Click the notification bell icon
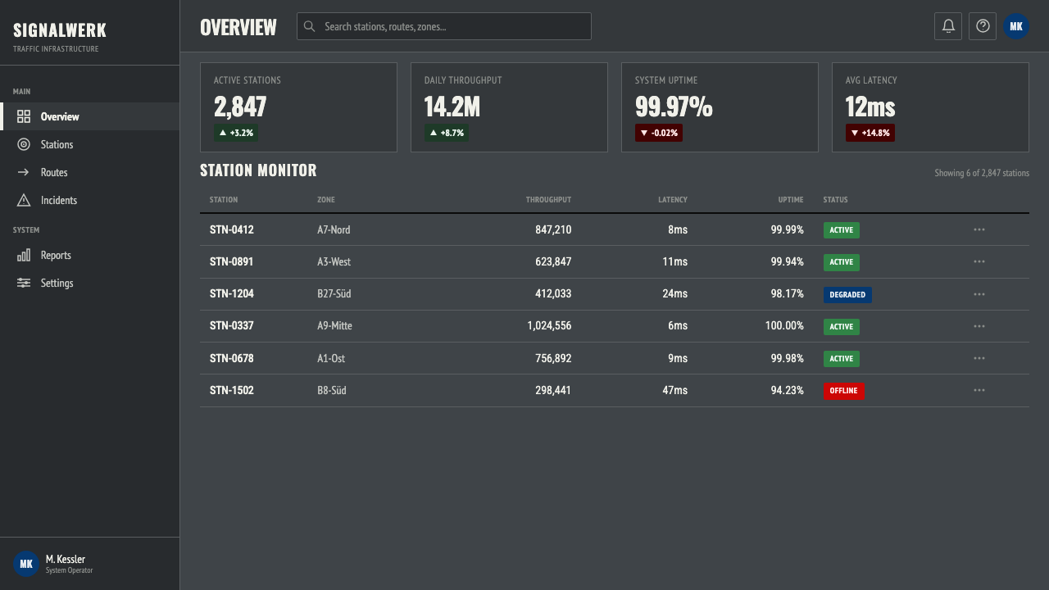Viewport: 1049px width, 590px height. pos(948,26)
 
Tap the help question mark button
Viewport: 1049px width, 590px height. pos(983,26)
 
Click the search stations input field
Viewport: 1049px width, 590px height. pos(444,26)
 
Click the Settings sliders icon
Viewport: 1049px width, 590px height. pos(24,283)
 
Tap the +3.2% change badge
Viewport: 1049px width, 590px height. pos(236,133)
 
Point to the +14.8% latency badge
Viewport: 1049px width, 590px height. pos(870,133)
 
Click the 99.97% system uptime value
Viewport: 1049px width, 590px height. pos(674,107)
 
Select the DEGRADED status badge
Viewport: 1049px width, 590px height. pos(847,294)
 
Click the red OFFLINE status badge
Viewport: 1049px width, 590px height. pos(844,391)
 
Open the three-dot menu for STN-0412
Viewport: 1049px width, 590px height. pos(979,229)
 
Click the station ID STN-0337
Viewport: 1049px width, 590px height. pos(232,326)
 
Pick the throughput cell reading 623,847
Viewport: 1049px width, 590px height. pos(553,261)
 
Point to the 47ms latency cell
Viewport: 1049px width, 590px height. pos(674,391)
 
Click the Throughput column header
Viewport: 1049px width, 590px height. pos(548,200)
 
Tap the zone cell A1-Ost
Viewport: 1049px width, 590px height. pos(331,358)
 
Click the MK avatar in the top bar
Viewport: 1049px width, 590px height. pos(1016,26)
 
